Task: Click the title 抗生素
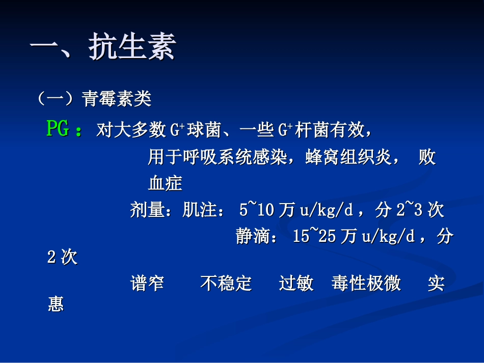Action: pyautogui.click(x=132, y=49)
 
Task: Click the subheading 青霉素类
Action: pyautogui.click(x=117, y=99)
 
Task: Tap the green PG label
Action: pyautogui.click(x=58, y=130)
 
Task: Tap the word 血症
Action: pyautogui.click(x=165, y=183)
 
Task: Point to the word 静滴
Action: pyautogui.click(x=253, y=236)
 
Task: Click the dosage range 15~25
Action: pyautogui.click(x=314, y=236)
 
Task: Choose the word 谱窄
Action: pyautogui.click(x=147, y=284)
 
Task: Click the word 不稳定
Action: pyautogui.click(x=226, y=284)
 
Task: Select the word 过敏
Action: pyautogui.click(x=296, y=284)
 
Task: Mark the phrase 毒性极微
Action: pyautogui.click(x=366, y=284)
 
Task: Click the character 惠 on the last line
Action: pyautogui.click(x=56, y=304)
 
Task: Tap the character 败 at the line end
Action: pyautogui.click(x=427, y=157)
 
